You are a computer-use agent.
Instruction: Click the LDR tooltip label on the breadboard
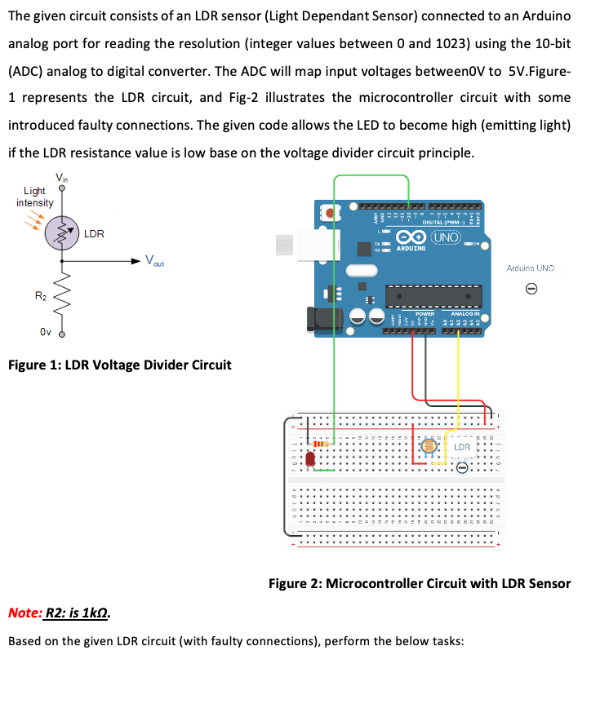pos(461,448)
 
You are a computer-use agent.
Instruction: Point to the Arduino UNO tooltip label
pos(530,268)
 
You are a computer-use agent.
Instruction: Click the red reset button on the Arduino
pos(330,214)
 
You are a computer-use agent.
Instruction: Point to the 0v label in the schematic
pos(47,332)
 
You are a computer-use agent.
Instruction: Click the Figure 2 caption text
pos(420,583)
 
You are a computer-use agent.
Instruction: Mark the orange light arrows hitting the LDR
pos(36,218)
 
